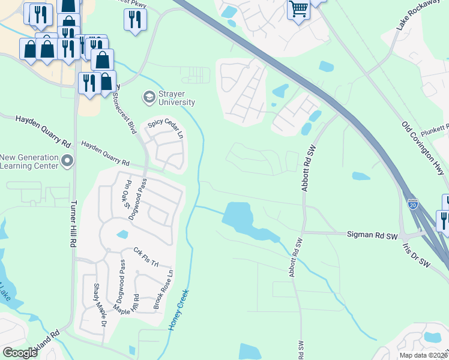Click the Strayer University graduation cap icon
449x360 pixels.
click(148, 96)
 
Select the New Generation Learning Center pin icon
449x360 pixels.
click(67, 160)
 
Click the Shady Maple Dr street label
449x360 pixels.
click(100, 305)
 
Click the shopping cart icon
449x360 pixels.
click(298, 10)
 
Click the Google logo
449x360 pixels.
click(20, 353)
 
